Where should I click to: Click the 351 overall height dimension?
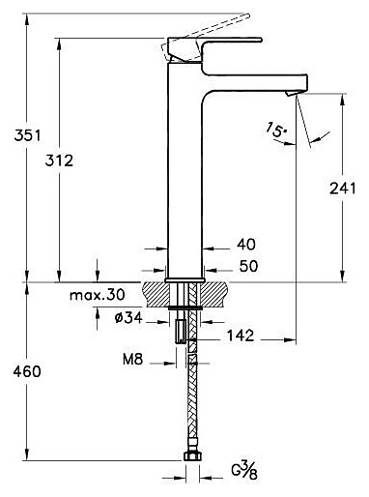tap(28, 135)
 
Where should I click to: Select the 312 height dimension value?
tap(59, 161)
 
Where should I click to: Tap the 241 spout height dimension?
tap(343, 189)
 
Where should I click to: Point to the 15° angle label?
tap(276, 130)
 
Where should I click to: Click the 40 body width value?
tap(246, 245)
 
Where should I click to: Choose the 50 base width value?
tap(248, 266)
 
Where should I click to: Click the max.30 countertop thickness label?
tap(98, 295)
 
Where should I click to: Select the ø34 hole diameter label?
tap(128, 318)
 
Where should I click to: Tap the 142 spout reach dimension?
tap(241, 336)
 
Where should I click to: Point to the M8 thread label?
tap(132, 359)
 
